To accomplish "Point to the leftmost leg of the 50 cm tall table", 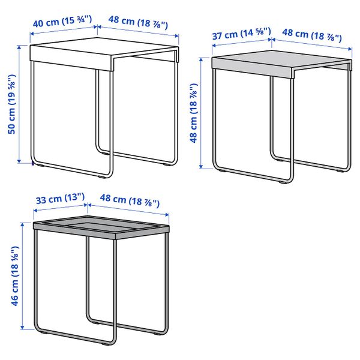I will coord(33,114).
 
